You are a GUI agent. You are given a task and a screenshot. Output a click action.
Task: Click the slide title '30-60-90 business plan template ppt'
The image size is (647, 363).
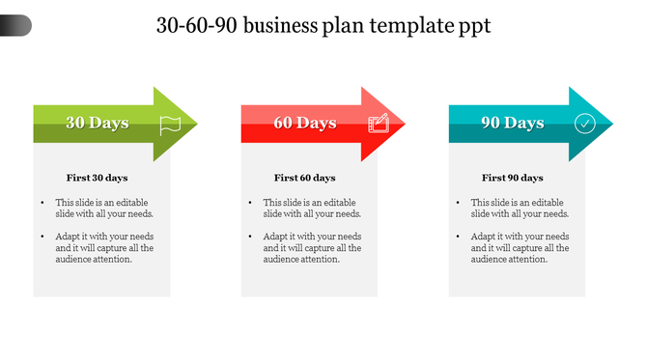(x=323, y=26)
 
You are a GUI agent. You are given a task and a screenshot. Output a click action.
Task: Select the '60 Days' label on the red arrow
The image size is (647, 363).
(x=304, y=123)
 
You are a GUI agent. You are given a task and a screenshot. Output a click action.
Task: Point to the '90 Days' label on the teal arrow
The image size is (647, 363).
(x=512, y=123)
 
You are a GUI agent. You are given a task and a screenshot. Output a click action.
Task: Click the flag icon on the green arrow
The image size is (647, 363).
(x=170, y=123)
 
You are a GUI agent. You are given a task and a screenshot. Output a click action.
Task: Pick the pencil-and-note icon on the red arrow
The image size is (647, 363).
(x=379, y=123)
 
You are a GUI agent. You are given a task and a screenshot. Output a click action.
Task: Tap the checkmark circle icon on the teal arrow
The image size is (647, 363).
(x=585, y=123)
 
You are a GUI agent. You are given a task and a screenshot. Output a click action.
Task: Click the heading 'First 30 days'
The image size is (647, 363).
(x=97, y=178)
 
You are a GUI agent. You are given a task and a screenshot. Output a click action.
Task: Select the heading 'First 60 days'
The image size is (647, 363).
(x=304, y=178)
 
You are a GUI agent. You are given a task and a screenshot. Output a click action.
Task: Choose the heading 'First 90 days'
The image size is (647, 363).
(x=512, y=178)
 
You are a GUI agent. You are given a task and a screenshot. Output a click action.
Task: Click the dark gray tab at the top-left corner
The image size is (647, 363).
(x=15, y=25)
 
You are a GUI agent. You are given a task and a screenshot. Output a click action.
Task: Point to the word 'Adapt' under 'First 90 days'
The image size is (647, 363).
(x=484, y=237)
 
